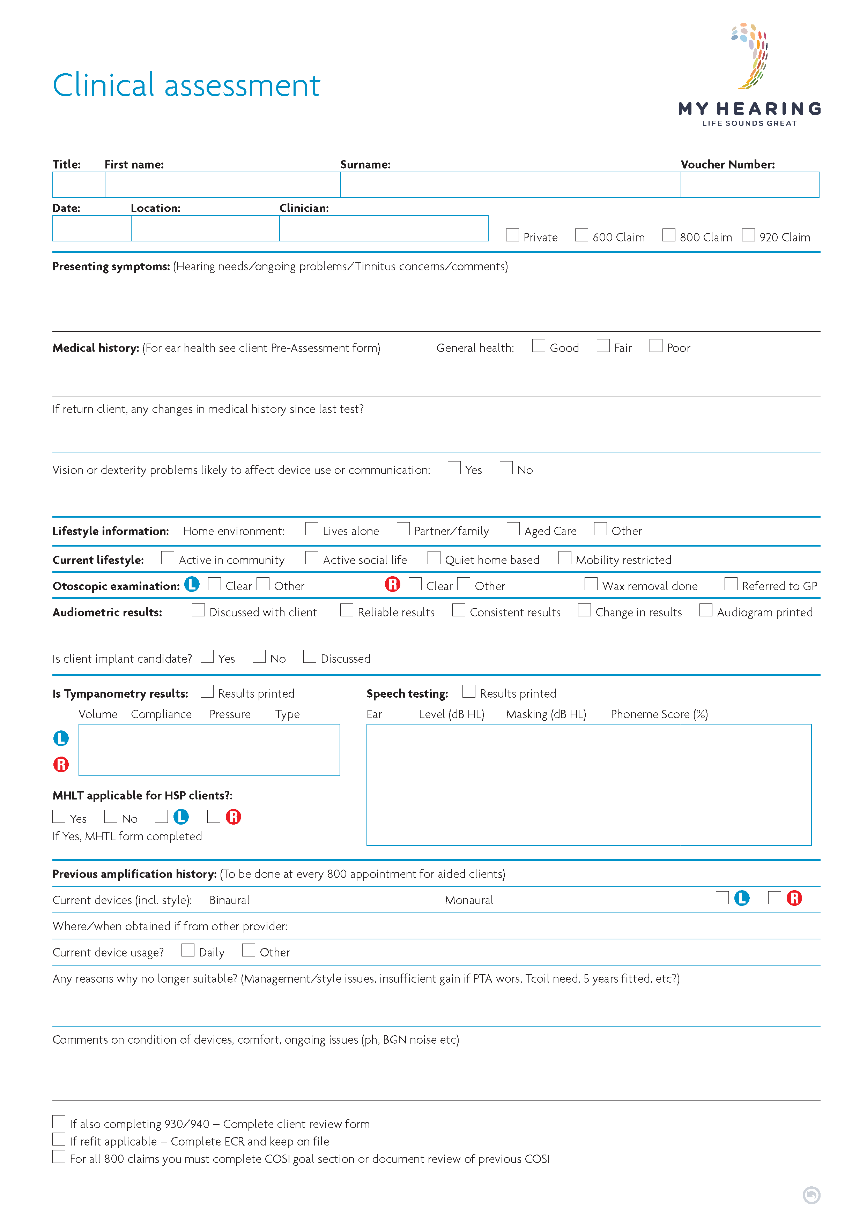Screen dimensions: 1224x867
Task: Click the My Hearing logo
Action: pyautogui.click(x=749, y=75)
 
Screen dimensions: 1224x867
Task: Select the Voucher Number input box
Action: pyautogui.click(x=749, y=185)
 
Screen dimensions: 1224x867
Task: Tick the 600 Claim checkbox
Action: pyautogui.click(x=581, y=235)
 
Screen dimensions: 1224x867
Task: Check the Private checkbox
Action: pyautogui.click(x=512, y=235)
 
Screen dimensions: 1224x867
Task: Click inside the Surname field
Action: pyautogui.click(x=510, y=185)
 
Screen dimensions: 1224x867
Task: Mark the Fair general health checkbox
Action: pyautogui.click(x=603, y=346)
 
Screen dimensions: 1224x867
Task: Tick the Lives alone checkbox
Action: pyautogui.click(x=312, y=529)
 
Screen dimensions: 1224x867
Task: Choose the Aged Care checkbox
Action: pyautogui.click(x=513, y=529)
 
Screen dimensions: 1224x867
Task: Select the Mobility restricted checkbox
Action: pyautogui.click(x=565, y=557)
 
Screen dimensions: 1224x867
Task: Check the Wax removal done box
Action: pyautogui.click(x=591, y=584)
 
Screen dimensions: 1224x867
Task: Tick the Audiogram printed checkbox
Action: pyautogui.click(x=706, y=610)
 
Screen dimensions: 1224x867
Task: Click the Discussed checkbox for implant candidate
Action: pyautogui.click(x=310, y=656)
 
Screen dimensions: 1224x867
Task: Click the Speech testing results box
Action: pyautogui.click(x=589, y=784)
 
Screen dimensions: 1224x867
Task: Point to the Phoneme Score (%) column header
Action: pyautogui.click(x=659, y=714)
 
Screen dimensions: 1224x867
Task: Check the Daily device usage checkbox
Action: pyautogui.click(x=188, y=950)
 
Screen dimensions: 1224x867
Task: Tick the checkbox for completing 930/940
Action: pyautogui.click(x=59, y=1121)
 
